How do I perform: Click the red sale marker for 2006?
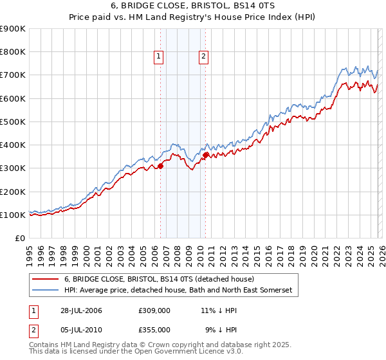point(160,166)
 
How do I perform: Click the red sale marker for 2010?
point(205,155)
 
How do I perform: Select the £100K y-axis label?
point(13,215)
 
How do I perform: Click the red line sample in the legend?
point(46,279)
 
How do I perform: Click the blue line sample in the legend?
point(46,291)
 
